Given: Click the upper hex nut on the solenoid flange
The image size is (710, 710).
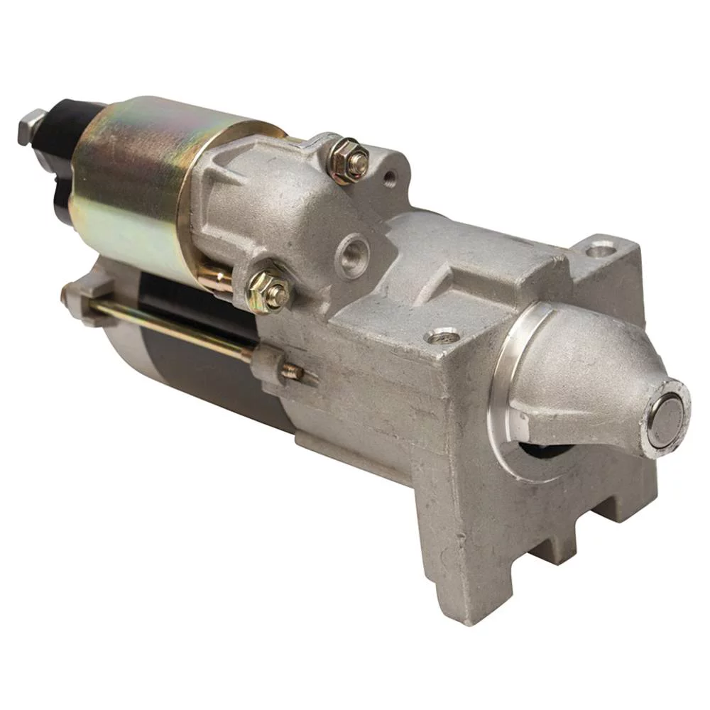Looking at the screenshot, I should [x=349, y=160].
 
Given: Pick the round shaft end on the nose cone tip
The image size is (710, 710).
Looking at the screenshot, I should [x=666, y=420].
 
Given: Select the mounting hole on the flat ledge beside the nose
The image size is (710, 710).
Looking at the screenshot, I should [x=443, y=336].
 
